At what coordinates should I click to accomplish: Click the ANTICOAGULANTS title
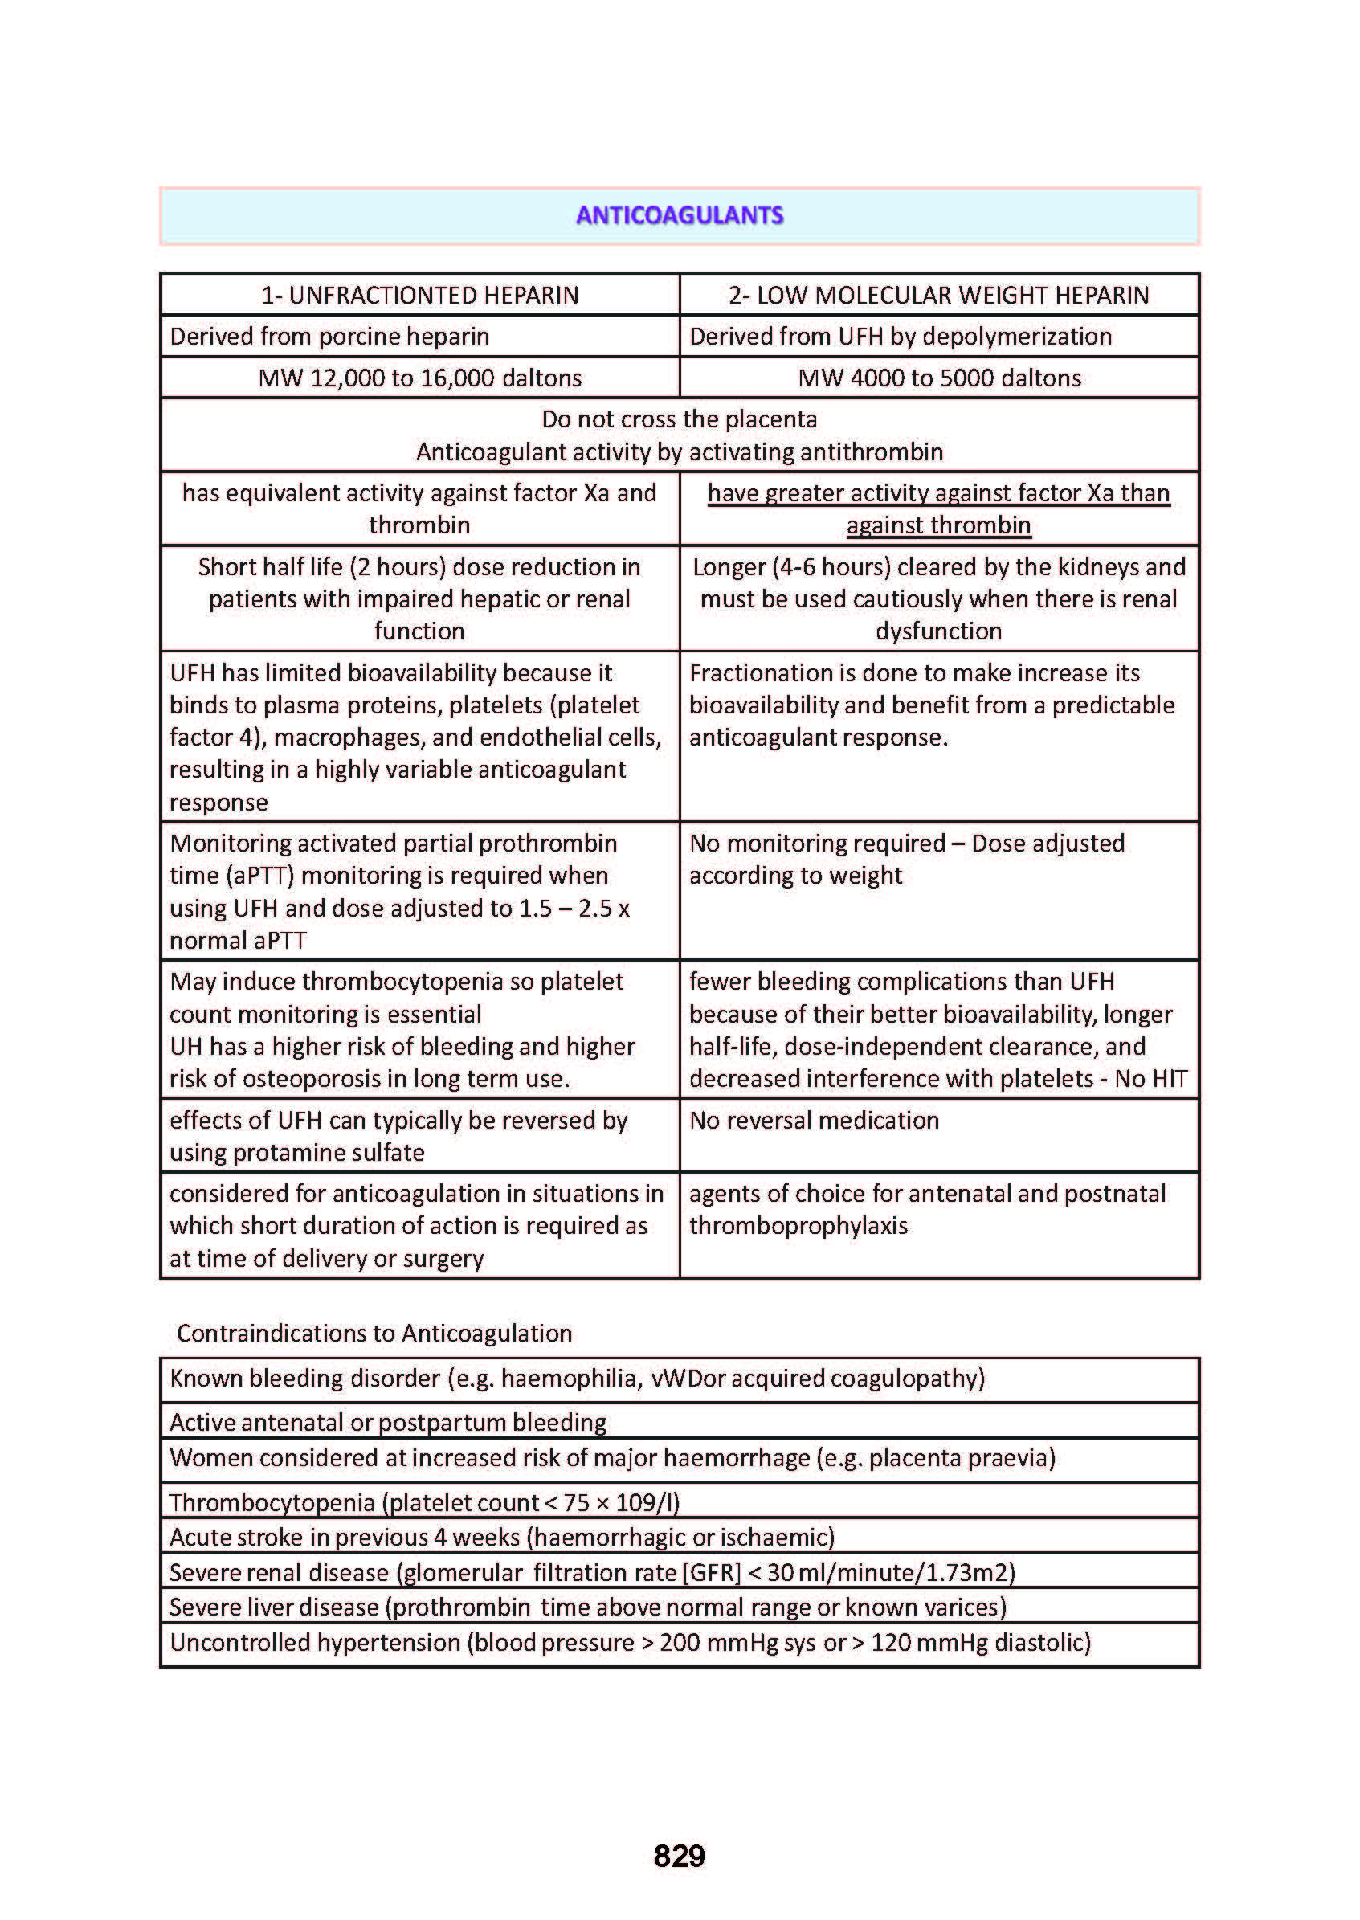(679, 216)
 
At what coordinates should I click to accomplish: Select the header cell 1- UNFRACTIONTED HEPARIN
(419, 296)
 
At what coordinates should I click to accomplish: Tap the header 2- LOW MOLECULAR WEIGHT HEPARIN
(938, 296)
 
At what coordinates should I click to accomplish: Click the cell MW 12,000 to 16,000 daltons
(419, 378)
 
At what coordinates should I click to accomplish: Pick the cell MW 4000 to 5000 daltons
(939, 378)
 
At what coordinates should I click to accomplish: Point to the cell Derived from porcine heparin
(329, 337)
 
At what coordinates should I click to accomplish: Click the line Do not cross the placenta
(679, 419)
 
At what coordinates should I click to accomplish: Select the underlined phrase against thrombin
(938, 526)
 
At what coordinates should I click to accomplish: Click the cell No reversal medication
(814, 1121)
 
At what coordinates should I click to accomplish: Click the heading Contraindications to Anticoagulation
(374, 1333)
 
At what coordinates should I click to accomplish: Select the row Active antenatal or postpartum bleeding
(388, 1422)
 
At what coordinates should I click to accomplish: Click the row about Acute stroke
(501, 1538)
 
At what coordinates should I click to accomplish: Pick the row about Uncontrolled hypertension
(630, 1642)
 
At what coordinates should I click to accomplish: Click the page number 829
(679, 1856)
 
